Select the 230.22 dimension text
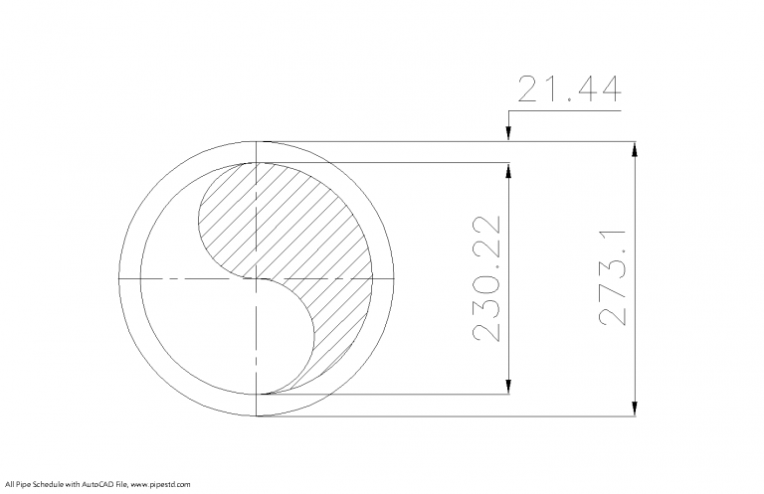(x=484, y=278)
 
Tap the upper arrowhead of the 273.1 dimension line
(x=636, y=149)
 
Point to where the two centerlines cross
(x=258, y=279)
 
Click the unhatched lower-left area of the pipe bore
(x=199, y=328)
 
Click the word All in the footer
(x=7, y=484)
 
